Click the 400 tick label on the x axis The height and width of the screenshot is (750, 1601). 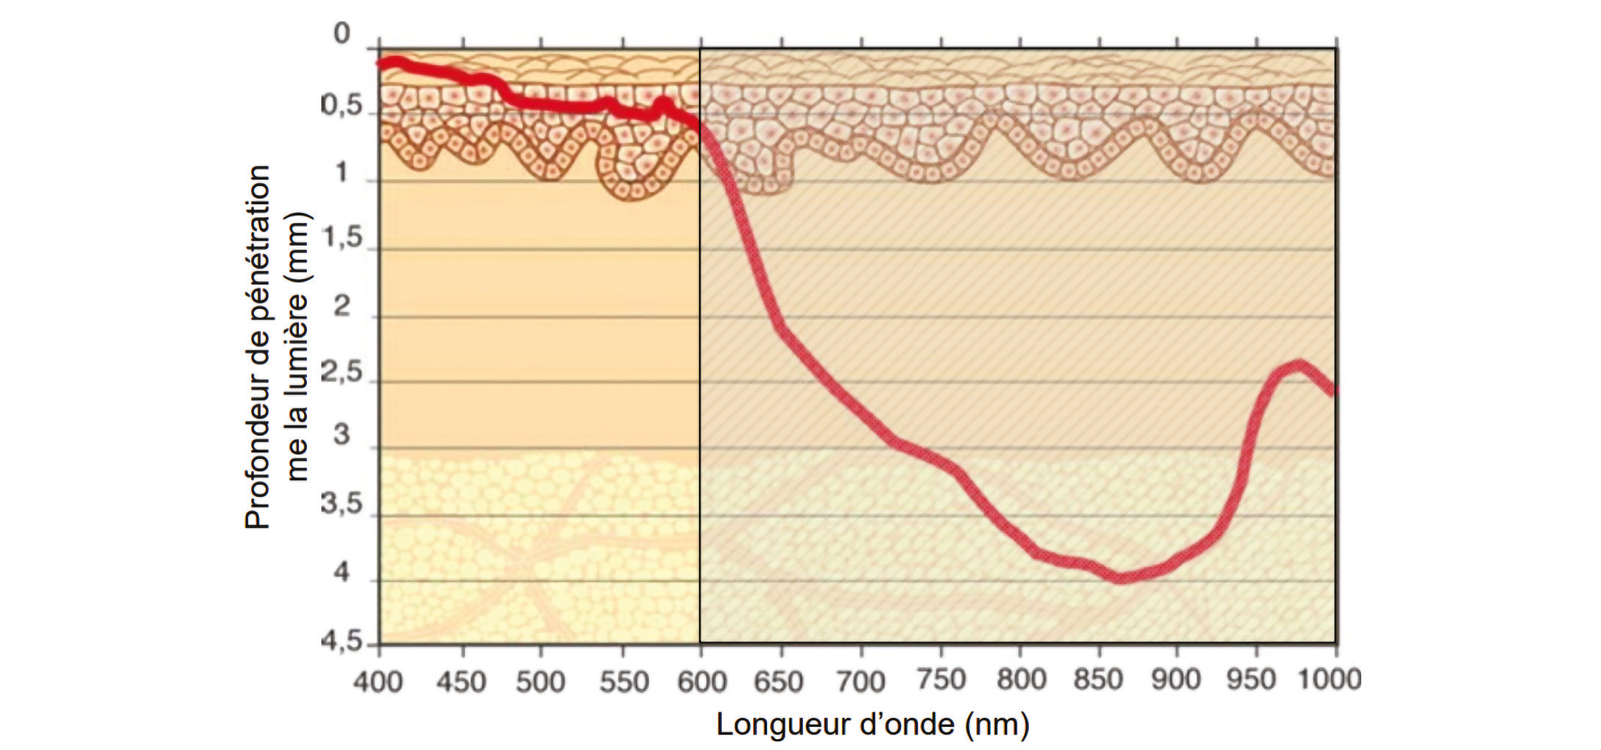point(378,682)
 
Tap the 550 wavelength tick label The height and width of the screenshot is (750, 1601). point(623,682)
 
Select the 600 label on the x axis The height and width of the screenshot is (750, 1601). point(701,682)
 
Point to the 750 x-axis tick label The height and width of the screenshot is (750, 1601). point(941,680)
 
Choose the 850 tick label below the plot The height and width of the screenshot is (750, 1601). point(1098,680)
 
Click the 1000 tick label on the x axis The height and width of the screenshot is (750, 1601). point(1329,679)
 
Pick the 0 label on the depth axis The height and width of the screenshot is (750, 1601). point(342,34)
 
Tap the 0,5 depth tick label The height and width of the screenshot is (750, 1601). point(343,106)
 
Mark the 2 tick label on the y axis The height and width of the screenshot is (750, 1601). point(342,305)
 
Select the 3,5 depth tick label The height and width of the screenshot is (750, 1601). point(343,504)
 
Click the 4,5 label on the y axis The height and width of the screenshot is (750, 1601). point(343,640)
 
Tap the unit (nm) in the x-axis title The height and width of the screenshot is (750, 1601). point(997,725)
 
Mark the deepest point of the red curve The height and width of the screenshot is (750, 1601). point(1120,578)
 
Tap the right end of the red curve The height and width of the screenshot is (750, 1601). point(1334,391)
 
